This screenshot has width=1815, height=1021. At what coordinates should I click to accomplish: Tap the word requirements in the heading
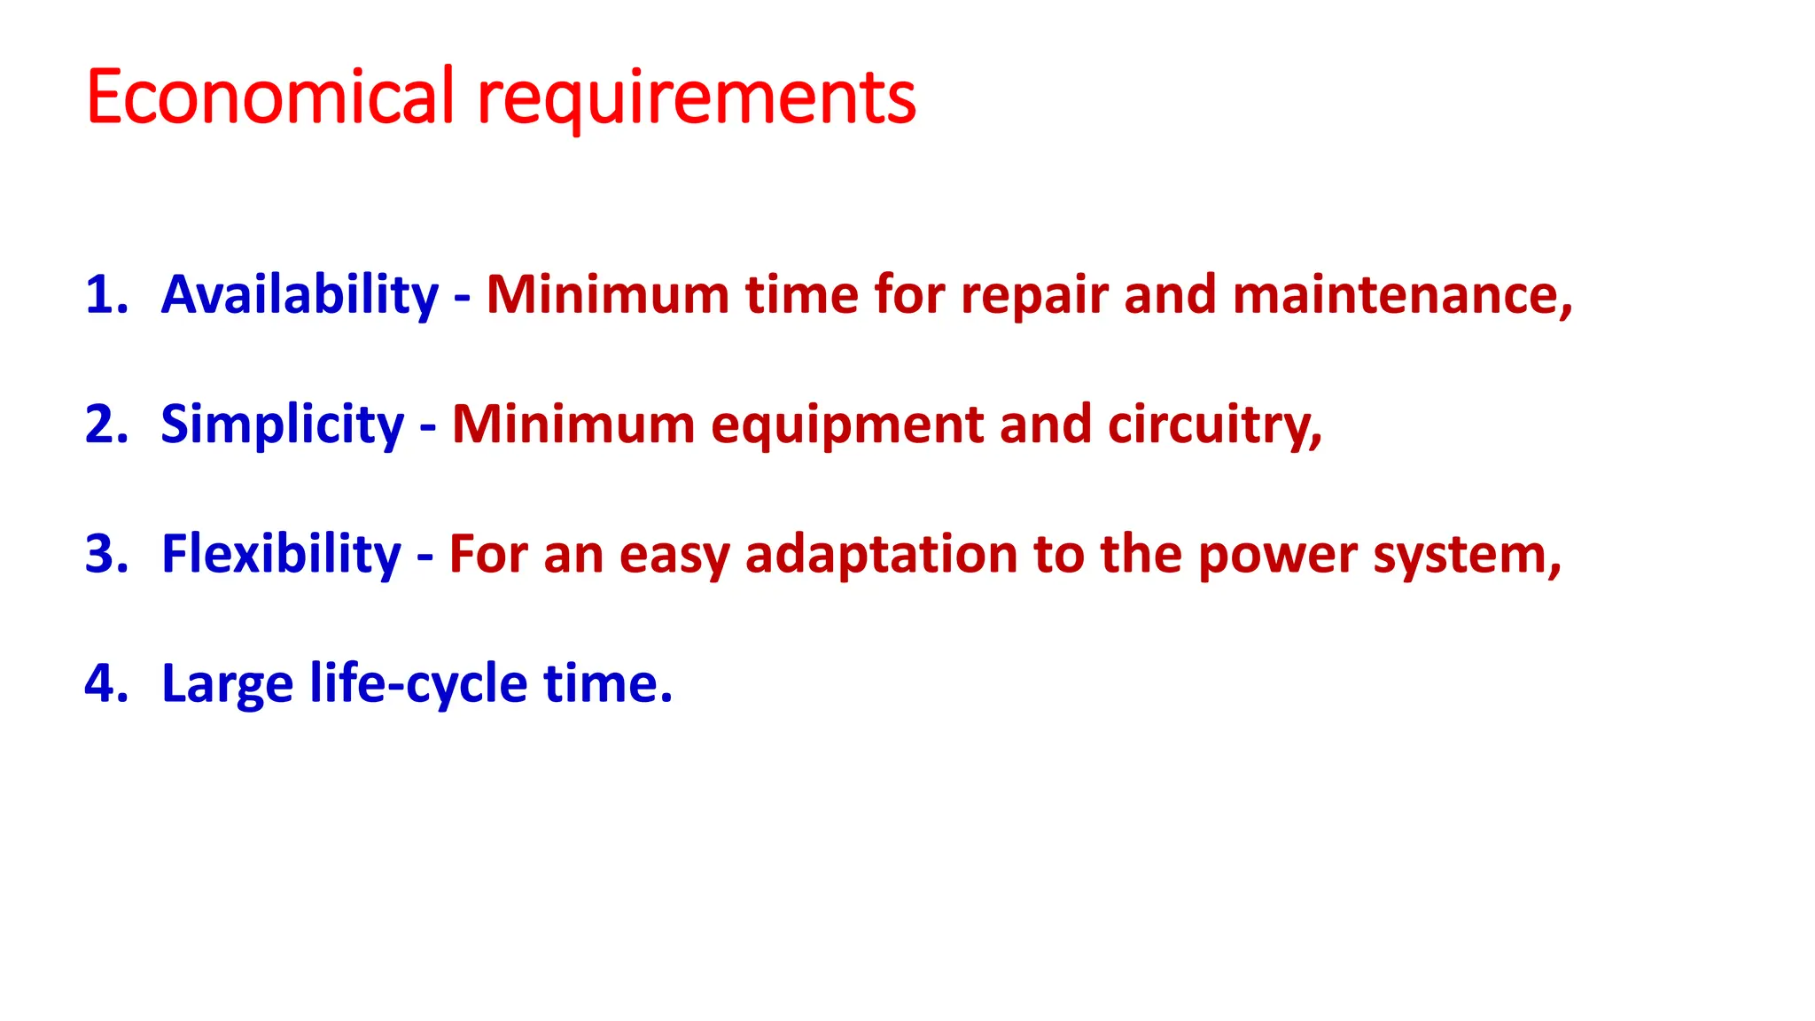point(697,99)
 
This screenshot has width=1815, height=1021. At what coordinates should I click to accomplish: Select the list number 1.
point(105,294)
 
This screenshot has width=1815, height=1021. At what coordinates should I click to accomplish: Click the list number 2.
point(105,424)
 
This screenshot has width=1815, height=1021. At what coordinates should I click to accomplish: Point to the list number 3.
point(105,554)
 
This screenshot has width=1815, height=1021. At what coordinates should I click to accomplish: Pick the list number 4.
point(105,683)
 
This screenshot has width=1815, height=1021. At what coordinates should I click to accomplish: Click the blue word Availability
point(300,295)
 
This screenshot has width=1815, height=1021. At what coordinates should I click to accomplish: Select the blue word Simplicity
point(282,425)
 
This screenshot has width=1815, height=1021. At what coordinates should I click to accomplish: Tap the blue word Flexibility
point(281,555)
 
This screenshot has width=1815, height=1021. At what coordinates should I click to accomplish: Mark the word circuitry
point(1213,425)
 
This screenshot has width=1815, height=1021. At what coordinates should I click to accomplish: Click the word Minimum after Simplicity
point(573,425)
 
